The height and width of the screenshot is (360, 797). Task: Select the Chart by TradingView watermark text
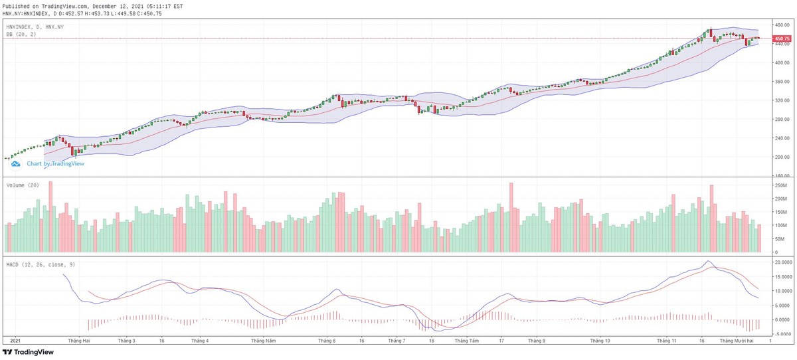pyautogui.click(x=55, y=163)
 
